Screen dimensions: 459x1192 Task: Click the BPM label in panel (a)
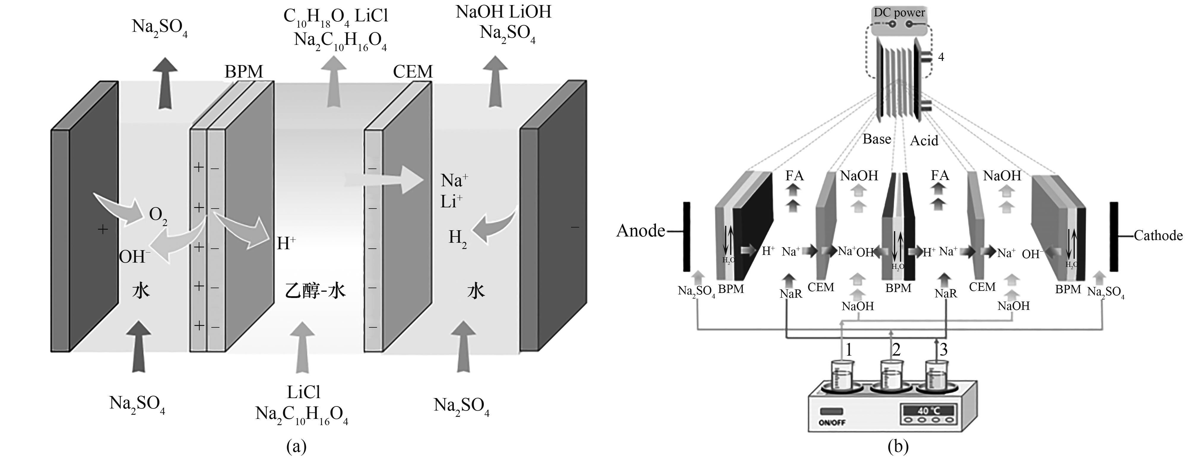[x=244, y=72]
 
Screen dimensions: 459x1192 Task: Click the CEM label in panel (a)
[x=413, y=72]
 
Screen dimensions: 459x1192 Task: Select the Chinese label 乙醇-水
[x=315, y=291]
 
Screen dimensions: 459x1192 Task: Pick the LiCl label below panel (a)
[x=303, y=392]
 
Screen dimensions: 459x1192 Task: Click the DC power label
[x=899, y=12]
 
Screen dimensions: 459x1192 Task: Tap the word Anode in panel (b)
[x=641, y=231]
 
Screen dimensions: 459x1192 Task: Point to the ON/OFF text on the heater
[x=832, y=423]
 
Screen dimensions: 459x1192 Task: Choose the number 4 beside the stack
[x=941, y=57]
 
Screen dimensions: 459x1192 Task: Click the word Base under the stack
[x=877, y=139]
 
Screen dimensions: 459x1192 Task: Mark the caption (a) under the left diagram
[x=297, y=447]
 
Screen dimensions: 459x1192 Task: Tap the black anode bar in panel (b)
[x=687, y=236]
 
